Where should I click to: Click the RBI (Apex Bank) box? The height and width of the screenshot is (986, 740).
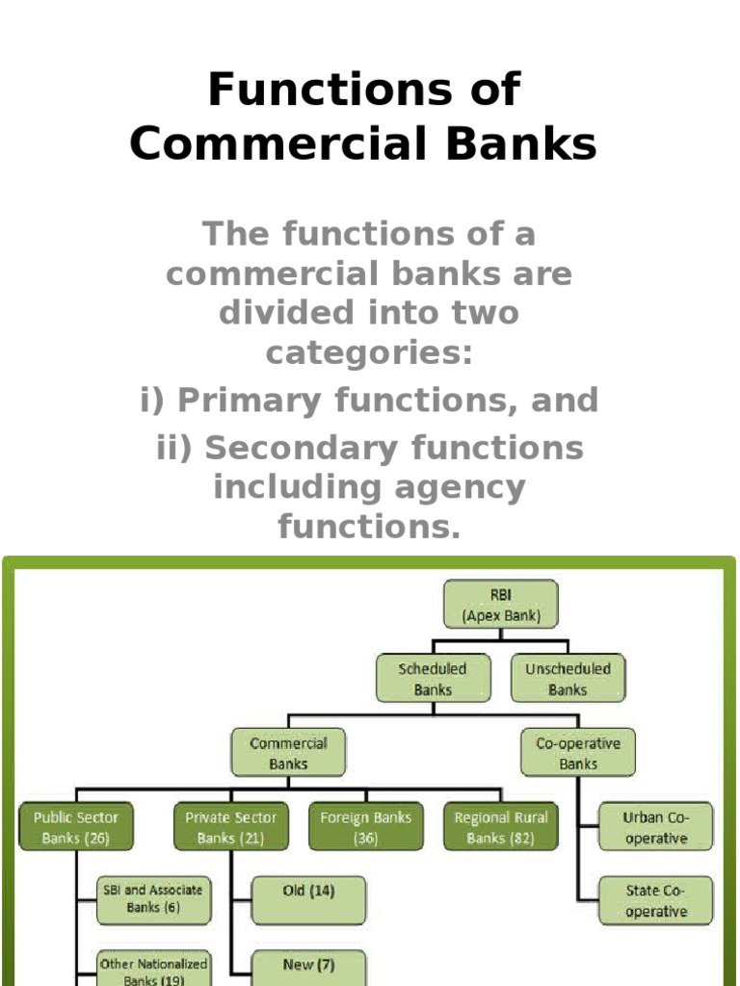click(500, 604)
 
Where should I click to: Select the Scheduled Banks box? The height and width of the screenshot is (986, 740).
click(433, 679)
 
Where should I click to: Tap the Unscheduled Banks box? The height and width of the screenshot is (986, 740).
click(568, 679)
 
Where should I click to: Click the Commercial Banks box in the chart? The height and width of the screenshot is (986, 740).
click(288, 753)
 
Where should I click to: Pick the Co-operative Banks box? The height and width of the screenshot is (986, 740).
click(578, 753)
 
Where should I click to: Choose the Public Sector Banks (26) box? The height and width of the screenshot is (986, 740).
click(76, 827)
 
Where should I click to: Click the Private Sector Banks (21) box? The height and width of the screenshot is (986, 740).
click(231, 827)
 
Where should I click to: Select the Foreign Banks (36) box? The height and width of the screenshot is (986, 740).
click(366, 827)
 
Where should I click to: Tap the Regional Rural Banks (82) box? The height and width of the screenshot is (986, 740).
click(501, 827)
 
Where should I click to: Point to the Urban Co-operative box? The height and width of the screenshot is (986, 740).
click(655, 827)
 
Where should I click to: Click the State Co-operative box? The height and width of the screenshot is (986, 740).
click(655, 900)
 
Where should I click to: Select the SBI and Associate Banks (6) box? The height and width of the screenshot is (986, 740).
click(153, 899)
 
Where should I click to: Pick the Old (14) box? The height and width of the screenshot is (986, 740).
click(308, 899)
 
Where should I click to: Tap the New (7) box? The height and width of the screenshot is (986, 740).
click(308, 967)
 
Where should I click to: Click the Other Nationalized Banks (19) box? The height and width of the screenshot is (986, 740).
click(153, 969)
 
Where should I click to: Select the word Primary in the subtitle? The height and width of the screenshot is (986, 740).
click(252, 401)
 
